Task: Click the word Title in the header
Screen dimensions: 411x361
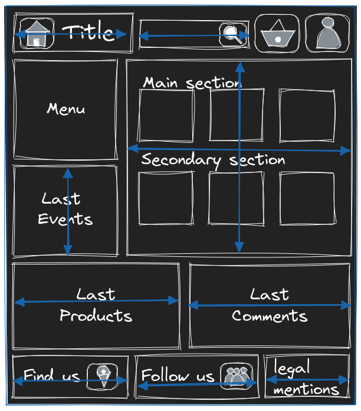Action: (89, 32)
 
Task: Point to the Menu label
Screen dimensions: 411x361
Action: (65, 109)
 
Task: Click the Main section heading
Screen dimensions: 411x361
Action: (191, 83)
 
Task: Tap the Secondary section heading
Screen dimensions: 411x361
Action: (213, 160)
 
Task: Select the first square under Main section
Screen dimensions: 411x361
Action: (166, 116)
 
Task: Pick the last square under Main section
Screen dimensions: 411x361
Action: (307, 116)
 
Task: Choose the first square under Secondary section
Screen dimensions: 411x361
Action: (166, 198)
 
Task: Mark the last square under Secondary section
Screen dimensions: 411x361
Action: (307, 198)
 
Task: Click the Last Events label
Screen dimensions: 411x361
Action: (64, 209)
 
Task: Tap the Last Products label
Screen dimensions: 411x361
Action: (96, 305)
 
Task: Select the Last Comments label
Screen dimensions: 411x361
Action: (270, 305)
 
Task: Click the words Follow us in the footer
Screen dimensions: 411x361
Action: (177, 376)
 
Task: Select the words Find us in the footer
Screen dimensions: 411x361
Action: (47, 375)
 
